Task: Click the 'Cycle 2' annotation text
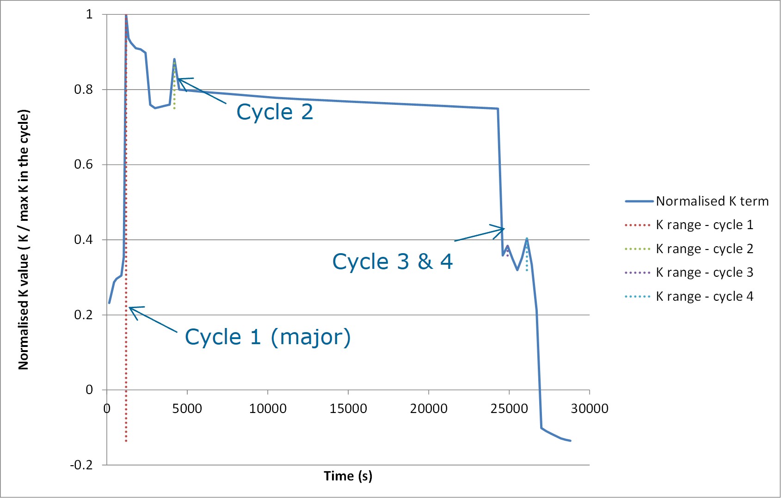pos(275,112)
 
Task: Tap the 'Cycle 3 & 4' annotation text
pos(392,261)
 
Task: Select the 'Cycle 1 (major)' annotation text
pos(268,337)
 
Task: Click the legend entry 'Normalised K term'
pos(712,201)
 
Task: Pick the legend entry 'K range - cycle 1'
pos(704,225)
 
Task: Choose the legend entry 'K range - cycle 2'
pos(704,249)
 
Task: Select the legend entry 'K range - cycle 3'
pos(704,273)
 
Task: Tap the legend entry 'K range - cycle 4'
pos(704,297)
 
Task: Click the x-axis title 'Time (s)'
pos(348,476)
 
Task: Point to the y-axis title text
pos(24,239)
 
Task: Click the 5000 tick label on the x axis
pos(187,408)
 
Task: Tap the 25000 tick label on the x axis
pos(509,408)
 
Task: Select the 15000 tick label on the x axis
pos(348,408)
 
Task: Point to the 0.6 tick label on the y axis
pos(83,164)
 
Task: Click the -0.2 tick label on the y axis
pos(81,465)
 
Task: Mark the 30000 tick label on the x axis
pos(589,408)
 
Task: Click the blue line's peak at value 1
pos(126,15)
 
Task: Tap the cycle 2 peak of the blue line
pos(174,59)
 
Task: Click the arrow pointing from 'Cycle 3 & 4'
pos(479,235)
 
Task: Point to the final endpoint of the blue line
pos(571,441)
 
